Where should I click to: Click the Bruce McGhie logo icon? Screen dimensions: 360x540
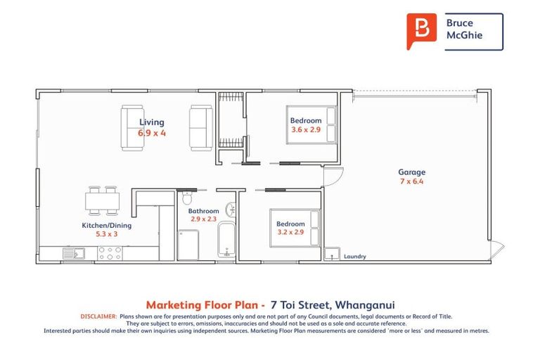pos(421,31)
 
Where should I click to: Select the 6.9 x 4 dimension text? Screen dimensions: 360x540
pos(152,132)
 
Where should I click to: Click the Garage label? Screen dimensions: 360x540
pos(411,172)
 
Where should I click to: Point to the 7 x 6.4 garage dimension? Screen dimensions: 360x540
pos(411,181)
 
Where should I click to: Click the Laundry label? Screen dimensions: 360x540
pos(354,257)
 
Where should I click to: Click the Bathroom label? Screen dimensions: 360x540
pos(204,211)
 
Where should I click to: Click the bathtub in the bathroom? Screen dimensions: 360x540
pos(226,241)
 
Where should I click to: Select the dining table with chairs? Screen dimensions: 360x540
pos(103,200)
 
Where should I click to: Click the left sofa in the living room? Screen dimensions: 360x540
pos(132,127)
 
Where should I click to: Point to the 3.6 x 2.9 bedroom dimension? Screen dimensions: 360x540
pos(306,130)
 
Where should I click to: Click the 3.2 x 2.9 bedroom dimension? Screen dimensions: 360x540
pos(290,232)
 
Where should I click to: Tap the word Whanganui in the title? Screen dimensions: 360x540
pos(365,305)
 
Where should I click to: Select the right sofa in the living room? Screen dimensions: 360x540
pos(200,127)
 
